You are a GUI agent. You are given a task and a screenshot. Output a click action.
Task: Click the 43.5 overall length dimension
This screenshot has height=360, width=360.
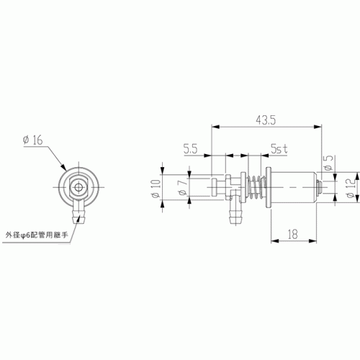266,120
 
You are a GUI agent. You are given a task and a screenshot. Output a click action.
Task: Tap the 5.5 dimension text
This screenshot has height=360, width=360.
191,149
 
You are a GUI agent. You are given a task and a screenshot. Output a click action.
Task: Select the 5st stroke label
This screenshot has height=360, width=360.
279,149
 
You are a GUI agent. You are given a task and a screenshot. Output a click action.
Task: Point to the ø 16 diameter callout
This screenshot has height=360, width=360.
33,140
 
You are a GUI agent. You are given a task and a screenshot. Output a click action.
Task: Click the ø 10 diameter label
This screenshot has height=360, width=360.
156,189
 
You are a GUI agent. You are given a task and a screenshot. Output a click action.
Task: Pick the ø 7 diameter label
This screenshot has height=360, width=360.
183,188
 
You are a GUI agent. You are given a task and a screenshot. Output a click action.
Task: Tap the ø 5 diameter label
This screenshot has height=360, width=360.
328,163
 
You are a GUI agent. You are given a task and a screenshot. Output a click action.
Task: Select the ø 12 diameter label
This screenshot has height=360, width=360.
351,188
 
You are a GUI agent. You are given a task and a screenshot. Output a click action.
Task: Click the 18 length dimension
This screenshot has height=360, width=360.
293,234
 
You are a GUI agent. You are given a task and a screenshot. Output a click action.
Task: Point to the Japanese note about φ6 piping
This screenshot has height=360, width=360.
37,235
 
